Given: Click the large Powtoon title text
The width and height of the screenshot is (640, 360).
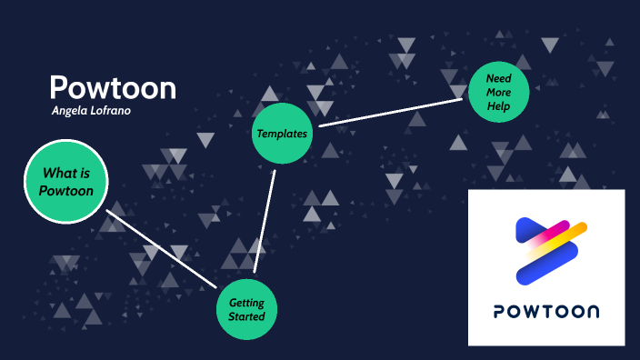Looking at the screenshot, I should point(113,88).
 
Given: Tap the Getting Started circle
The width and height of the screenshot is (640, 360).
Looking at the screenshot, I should point(246,310).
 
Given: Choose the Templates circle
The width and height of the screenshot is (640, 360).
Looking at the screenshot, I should point(281,133).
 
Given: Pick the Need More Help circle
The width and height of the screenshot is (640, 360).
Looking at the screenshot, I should point(498,92).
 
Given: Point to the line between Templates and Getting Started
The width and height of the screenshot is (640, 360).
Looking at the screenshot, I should point(265,218).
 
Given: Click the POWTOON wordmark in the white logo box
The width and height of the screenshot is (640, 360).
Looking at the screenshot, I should point(546,312).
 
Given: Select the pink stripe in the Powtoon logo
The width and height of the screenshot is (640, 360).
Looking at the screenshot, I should point(552,233).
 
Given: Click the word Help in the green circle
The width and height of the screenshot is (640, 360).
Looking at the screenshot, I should point(498,106).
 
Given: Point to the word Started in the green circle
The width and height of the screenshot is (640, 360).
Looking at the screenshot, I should point(246,316).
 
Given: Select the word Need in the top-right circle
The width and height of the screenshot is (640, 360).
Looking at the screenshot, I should point(498,78).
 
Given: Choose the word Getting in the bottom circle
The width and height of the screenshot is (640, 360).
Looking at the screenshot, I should point(246,303).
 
